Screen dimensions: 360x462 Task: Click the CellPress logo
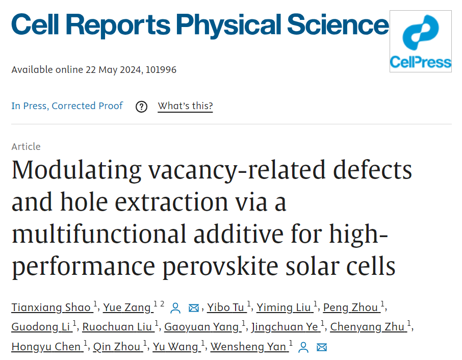[x=420, y=41]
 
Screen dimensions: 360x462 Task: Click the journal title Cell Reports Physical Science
[x=199, y=23]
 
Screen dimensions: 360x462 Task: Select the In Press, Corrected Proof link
[x=67, y=106]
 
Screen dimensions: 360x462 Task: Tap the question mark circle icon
[x=141, y=107]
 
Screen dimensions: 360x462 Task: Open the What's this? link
[x=185, y=106]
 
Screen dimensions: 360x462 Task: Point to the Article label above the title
[x=26, y=146]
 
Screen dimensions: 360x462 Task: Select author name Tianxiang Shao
[x=52, y=307]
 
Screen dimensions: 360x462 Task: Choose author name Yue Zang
[x=127, y=307]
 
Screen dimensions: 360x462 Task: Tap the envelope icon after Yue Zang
[x=194, y=307]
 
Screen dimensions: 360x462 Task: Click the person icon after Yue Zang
[x=175, y=307]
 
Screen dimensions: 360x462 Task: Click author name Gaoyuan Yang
[x=205, y=327]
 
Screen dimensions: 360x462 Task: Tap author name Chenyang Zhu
[x=368, y=327]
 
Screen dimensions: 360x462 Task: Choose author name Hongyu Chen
[x=46, y=347]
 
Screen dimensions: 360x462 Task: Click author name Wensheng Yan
[x=249, y=347]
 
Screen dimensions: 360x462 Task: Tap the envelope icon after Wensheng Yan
[x=321, y=347]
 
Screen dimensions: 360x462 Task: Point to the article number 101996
[x=161, y=69]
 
